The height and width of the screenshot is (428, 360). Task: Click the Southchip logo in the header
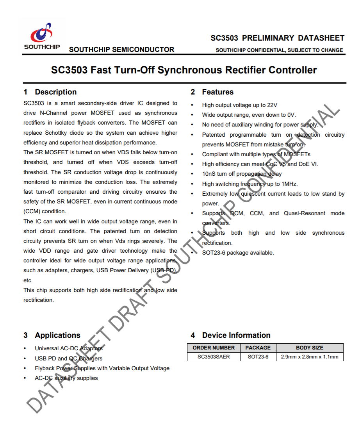click(x=42, y=36)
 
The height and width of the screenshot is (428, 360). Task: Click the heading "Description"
click(x=55, y=92)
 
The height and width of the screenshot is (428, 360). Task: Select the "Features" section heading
click(x=217, y=92)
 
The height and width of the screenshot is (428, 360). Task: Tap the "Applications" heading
click(x=57, y=335)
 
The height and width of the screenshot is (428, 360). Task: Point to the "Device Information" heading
click(x=236, y=335)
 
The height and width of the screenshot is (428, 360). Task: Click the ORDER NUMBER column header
click(x=214, y=348)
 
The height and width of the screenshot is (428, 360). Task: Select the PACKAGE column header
click(x=258, y=348)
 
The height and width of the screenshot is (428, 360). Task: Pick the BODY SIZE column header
click(x=310, y=348)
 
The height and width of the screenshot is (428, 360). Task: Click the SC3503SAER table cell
click(x=214, y=357)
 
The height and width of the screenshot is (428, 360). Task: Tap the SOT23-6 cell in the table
click(x=258, y=357)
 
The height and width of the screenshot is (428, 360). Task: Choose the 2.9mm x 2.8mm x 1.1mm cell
click(x=310, y=357)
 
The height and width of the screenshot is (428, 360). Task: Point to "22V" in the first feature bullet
click(x=272, y=105)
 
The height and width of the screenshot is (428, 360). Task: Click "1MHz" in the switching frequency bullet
click(x=289, y=184)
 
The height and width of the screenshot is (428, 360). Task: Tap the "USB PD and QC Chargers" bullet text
click(x=69, y=358)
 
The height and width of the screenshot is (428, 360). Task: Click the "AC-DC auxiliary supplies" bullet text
click(x=66, y=378)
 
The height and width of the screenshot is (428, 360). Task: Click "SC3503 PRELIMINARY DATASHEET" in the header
click(x=277, y=38)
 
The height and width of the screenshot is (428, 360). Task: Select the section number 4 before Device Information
click(x=193, y=335)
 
